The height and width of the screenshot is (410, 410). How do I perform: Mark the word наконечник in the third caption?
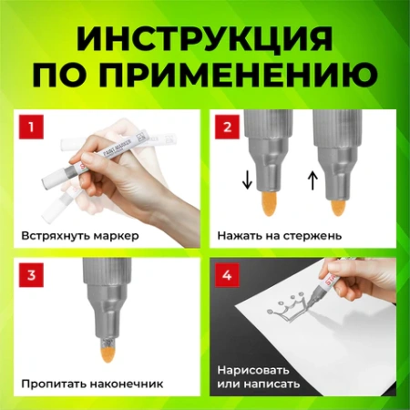pos(128,384)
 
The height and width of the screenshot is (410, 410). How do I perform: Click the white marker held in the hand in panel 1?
pos(100,150)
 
